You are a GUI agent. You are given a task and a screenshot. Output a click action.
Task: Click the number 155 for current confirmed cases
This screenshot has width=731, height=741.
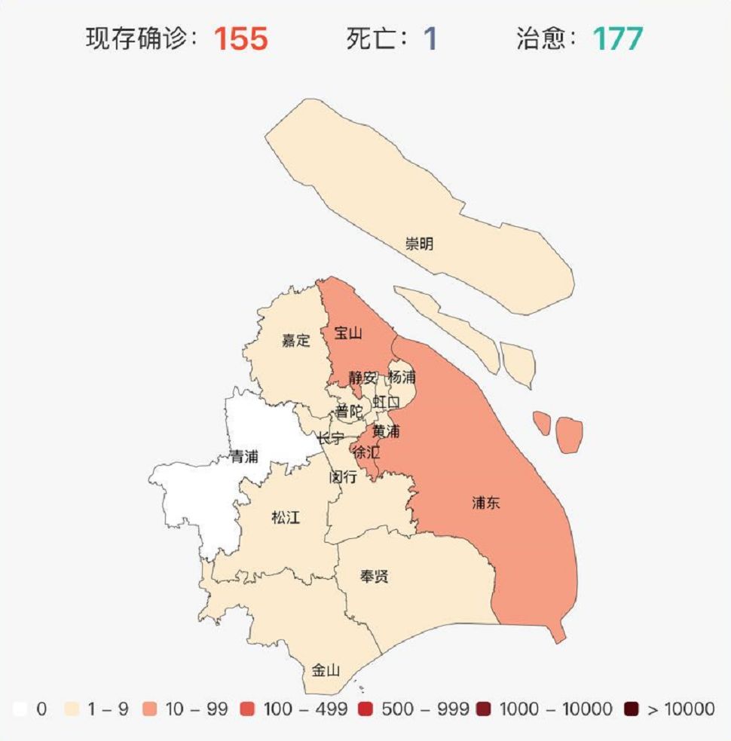(240, 38)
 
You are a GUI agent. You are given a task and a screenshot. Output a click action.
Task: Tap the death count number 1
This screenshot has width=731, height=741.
(430, 38)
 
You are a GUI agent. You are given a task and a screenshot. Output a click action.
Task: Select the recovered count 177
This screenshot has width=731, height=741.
(618, 38)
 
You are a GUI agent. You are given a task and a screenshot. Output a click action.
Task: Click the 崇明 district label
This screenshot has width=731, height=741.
(420, 243)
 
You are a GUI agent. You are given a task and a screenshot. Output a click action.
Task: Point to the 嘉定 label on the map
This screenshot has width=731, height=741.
(296, 340)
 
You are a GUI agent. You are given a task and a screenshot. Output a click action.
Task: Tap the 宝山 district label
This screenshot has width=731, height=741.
(348, 332)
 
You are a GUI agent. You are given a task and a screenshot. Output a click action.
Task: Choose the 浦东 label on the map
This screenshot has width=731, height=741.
(486, 503)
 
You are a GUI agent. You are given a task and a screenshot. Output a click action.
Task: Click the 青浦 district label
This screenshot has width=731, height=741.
(244, 457)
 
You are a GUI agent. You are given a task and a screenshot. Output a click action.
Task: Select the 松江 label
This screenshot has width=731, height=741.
(286, 518)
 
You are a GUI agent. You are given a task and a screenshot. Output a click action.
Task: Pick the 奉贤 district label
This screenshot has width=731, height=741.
(374, 577)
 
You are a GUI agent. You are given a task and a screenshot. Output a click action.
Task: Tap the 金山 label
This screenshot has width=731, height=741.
(326, 670)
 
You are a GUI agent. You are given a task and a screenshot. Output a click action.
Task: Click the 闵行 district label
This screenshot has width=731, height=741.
(343, 477)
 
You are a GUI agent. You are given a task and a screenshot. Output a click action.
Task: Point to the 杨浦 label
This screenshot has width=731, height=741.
(402, 376)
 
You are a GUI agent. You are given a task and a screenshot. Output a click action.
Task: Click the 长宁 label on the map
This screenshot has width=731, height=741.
(330, 438)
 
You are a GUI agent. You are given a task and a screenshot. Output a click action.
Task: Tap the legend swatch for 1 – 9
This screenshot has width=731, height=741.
(72, 709)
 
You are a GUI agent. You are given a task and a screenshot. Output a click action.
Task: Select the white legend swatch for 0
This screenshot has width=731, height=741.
(20, 709)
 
